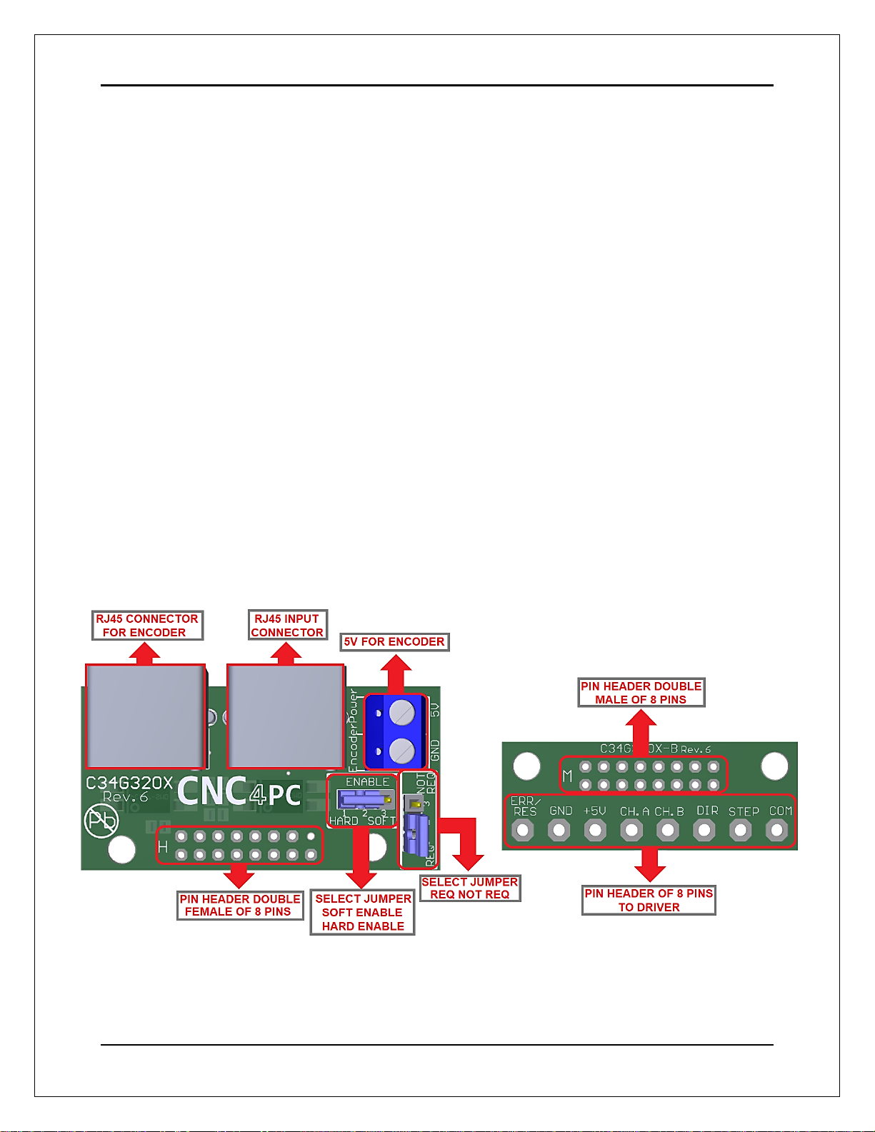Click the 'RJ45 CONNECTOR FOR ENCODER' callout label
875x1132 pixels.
(x=148, y=626)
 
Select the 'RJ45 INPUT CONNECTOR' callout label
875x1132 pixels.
(x=287, y=626)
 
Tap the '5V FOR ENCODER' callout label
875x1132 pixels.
(x=394, y=641)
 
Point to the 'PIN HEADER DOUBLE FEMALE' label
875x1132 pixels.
(x=239, y=906)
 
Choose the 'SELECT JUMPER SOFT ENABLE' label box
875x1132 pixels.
(x=363, y=913)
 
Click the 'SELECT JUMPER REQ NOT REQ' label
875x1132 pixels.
(x=470, y=888)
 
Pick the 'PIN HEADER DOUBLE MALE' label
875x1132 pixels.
(x=641, y=693)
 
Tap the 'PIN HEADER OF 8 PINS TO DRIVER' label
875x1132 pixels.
(x=649, y=901)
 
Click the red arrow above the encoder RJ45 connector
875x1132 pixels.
(x=145, y=653)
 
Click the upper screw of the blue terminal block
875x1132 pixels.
(x=402, y=713)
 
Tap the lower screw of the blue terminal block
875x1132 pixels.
(x=402, y=751)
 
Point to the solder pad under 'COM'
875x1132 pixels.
(x=776, y=830)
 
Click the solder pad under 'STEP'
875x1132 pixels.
(x=741, y=830)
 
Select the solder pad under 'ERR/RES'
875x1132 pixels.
(x=523, y=830)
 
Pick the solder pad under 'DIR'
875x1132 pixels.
(x=704, y=830)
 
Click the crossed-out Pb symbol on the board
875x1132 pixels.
(x=101, y=821)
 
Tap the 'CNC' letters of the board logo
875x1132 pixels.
(x=211, y=792)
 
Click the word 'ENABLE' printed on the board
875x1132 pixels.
(x=367, y=782)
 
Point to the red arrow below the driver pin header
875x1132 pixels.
(x=649, y=865)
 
